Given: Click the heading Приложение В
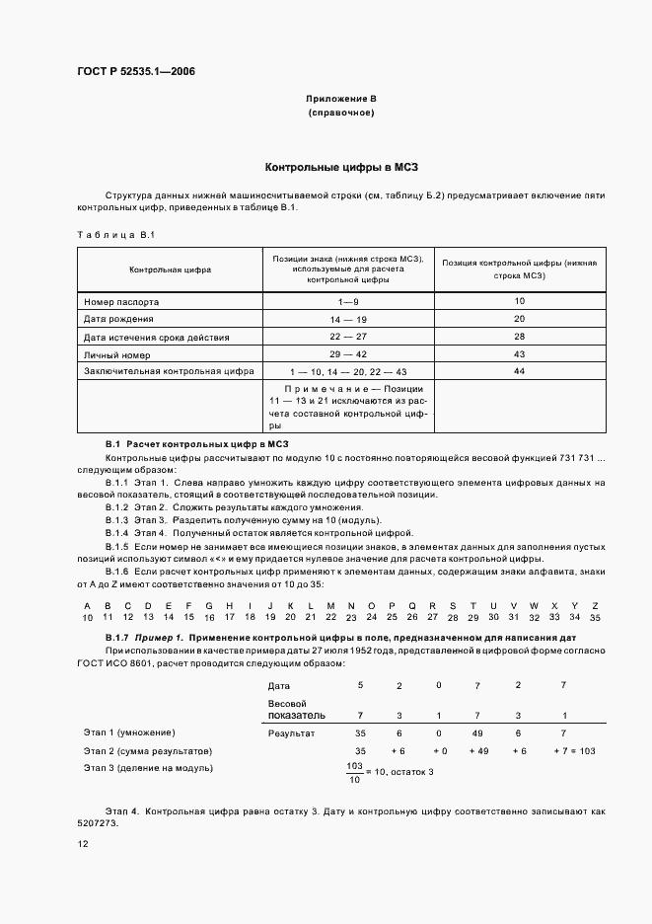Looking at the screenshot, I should pos(340,100).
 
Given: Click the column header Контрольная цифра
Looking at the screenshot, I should pos(170,269).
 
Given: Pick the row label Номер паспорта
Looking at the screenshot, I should pos(121,301).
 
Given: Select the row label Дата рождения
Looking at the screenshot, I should pos(118,319).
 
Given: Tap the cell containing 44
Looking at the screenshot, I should pos(521,371).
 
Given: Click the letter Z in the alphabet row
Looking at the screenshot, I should pos(594,605).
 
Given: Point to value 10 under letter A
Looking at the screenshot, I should pos(87,617).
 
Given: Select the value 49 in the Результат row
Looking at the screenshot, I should pos(478,733).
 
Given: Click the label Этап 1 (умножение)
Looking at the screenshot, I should pos(129,733).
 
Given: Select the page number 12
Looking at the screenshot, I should pos(83,845).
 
